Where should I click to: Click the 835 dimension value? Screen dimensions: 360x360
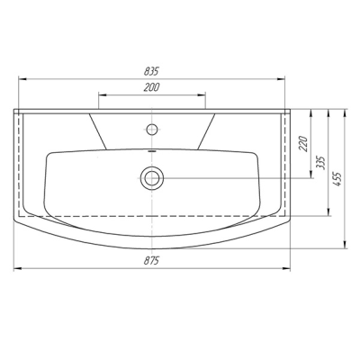[x=151, y=71]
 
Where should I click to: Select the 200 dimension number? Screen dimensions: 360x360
[x=151, y=87]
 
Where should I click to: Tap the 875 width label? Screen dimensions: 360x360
[x=151, y=261]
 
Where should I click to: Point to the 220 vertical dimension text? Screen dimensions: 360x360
[x=304, y=144]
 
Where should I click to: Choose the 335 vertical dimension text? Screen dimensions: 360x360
[x=321, y=162]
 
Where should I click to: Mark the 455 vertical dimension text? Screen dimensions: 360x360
[x=337, y=179]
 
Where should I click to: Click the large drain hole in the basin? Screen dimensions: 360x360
[x=152, y=178]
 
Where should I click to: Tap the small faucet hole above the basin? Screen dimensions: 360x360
[x=152, y=129]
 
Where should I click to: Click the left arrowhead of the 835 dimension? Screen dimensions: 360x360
[x=22, y=79]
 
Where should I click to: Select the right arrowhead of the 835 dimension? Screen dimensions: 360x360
[x=281, y=79]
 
